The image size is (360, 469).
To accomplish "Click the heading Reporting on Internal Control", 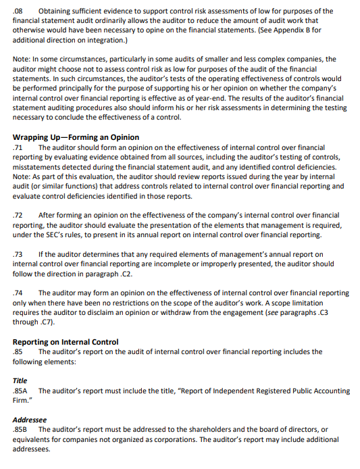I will [x=66, y=342].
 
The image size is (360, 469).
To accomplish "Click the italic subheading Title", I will [x=20, y=380].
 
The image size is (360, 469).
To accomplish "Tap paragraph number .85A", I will [x=20, y=391].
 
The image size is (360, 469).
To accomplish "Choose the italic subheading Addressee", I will [x=29, y=420].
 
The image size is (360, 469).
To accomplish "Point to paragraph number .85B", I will [x=20, y=430].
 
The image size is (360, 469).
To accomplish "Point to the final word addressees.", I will [x=32, y=449].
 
